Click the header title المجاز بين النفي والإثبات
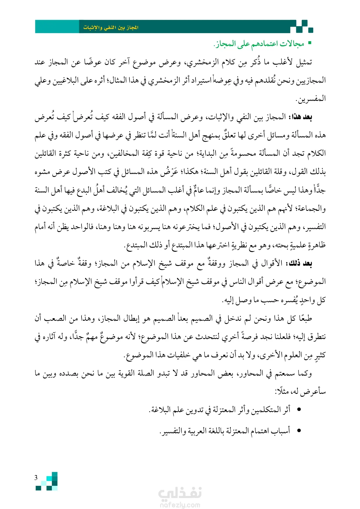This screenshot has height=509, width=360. (x=111, y=28)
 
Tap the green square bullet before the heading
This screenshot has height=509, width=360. (x=310, y=43)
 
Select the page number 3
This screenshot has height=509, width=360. (x=36, y=478)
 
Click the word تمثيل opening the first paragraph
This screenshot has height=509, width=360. (x=303, y=62)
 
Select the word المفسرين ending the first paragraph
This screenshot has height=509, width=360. (x=311, y=99)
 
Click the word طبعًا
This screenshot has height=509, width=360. (x=303, y=318)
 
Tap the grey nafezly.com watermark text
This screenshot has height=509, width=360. (x=180, y=505)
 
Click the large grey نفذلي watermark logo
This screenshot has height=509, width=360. (x=180, y=493)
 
